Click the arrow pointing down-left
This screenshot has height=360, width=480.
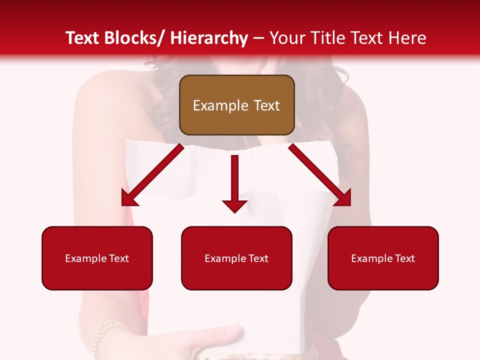point(152,175)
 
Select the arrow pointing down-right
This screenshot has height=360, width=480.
point(320,175)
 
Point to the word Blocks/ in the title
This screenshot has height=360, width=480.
point(138,38)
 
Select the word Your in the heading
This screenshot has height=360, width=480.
point(286,38)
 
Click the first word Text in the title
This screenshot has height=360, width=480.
point(83,38)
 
